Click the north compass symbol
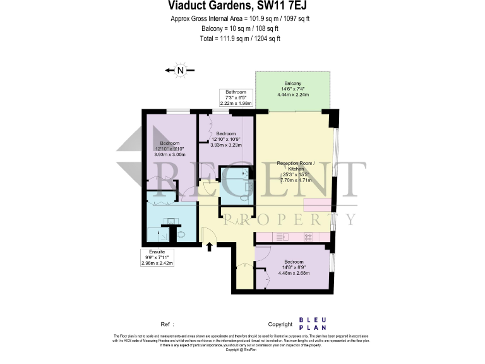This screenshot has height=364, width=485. [180, 71]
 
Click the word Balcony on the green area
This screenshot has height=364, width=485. [292, 83]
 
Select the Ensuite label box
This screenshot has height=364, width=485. [157, 257]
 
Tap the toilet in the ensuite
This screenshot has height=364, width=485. [181, 234]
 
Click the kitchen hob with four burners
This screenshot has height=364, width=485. [309, 237]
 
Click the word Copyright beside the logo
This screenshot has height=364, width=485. [280, 324]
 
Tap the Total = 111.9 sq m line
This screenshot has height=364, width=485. [240, 39]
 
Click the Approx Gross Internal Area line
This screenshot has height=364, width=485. [240, 18]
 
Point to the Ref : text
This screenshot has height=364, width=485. [167, 324]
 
